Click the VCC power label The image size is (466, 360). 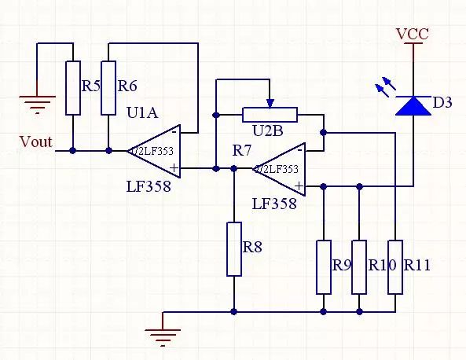pos(413,34)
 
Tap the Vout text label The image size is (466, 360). pos(35,142)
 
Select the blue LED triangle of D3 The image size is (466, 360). pos(413,105)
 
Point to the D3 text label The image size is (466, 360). pos(442,103)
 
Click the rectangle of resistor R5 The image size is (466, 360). pos(73,88)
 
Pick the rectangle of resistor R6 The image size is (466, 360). pos(108,88)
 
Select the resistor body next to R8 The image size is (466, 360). pos(234,249)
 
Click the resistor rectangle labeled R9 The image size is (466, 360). pos(324,266)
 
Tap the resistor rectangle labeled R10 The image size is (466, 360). pos(359,266)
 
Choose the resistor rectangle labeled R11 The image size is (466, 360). pos(395,266)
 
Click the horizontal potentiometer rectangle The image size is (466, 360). pos(270,115)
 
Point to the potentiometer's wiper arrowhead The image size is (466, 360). pos(270,102)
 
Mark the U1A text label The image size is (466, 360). pos(142,113)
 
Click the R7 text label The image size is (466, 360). pos(242,149)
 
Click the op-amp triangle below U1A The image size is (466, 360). pos(154,149)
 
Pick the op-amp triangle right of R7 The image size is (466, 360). pos(279,168)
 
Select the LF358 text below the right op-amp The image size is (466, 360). pos(274,204)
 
